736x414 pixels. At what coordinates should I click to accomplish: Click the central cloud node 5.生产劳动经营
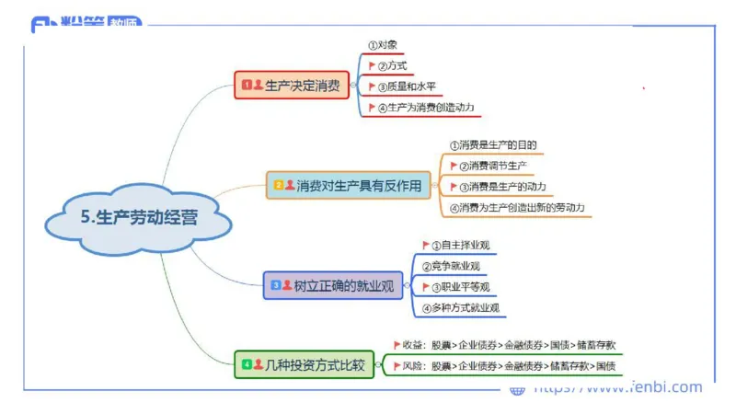click(138, 218)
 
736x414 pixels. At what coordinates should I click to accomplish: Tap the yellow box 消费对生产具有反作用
click(350, 185)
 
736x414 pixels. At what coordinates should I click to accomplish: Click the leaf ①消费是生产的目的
click(493, 144)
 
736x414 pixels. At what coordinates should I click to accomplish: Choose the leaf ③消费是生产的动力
click(502, 187)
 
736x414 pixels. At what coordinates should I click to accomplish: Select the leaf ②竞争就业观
click(451, 266)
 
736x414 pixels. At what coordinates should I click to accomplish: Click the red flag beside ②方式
click(372, 65)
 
